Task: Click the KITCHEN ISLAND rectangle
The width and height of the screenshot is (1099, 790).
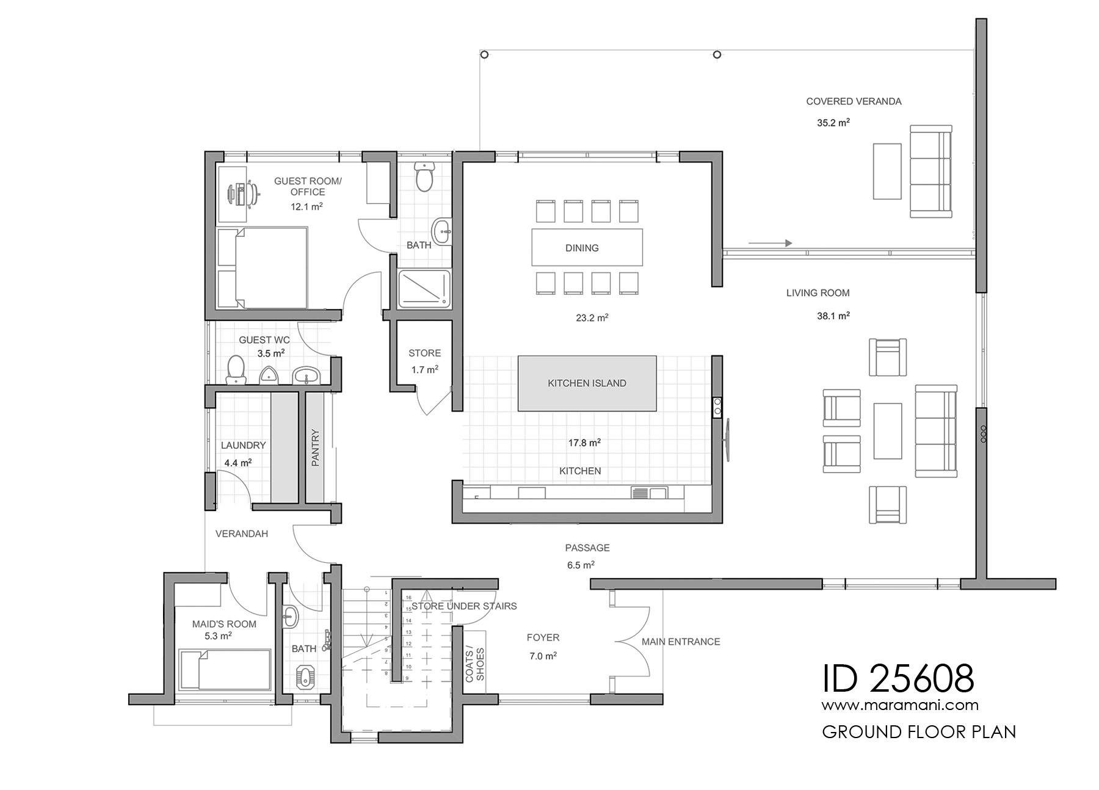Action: [x=587, y=383]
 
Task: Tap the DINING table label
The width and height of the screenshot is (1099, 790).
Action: [x=582, y=248]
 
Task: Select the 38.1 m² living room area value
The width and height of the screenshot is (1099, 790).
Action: [x=833, y=316]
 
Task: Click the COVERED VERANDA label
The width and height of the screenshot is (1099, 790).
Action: [x=853, y=101]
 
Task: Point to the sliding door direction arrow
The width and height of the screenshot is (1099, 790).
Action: [x=770, y=243]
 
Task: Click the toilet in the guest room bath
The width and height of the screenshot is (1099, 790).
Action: [x=424, y=176]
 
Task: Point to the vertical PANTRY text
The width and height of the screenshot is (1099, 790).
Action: [x=316, y=448]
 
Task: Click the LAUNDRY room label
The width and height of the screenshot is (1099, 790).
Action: [x=243, y=446]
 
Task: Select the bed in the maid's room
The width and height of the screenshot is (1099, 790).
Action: [x=225, y=669]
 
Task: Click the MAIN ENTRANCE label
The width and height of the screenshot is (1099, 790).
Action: [x=680, y=642]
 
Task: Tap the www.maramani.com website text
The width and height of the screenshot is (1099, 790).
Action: [x=900, y=705]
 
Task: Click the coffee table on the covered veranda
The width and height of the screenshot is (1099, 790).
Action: [x=887, y=171]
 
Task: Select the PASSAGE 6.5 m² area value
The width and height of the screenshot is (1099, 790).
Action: [x=581, y=565]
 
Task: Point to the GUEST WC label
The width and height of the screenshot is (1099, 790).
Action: [x=264, y=340]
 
